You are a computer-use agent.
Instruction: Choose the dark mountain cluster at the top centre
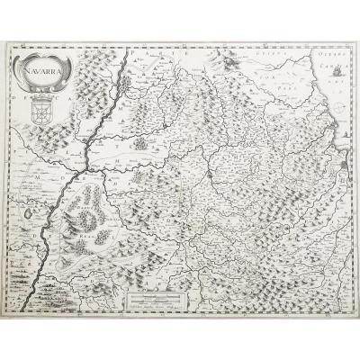(231, 64)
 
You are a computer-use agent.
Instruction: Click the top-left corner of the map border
(13, 45)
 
